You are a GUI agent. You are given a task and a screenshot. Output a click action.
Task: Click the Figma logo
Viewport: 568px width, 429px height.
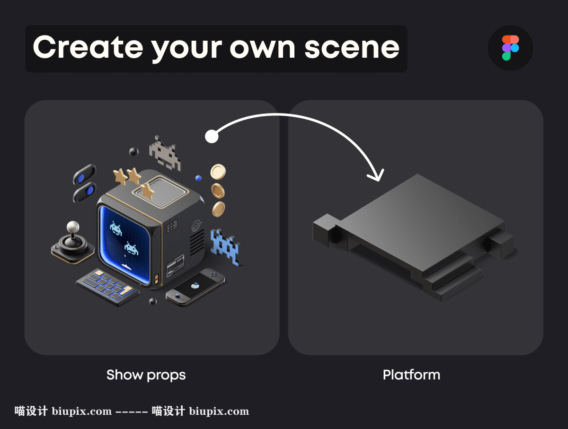(x=510, y=48)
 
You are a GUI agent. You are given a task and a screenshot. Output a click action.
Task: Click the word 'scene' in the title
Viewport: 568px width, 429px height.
(x=352, y=48)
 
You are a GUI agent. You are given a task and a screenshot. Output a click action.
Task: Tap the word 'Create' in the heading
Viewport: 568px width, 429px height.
(x=88, y=47)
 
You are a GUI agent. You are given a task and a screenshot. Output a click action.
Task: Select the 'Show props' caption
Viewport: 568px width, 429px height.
(x=146, y=375)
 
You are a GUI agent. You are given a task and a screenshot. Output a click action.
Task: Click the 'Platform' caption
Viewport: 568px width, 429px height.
(x=411, y=375)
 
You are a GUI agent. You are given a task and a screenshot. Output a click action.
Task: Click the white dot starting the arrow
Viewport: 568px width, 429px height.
(x=212, y=136)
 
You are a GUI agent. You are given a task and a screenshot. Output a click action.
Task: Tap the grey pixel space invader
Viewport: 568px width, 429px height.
(x=165, y=153)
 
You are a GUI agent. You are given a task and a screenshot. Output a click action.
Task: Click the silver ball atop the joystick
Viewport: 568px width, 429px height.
(x=73, y=227)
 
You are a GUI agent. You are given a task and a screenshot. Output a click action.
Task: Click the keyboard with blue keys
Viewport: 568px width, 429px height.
(x=107, y=287)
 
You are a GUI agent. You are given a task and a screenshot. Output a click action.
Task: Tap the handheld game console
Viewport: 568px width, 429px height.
(x=195, y=287)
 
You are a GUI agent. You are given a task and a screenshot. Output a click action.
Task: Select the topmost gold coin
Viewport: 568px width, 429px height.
(x=218, y=172)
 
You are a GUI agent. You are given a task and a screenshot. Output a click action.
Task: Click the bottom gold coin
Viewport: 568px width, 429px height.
(x=219, y=209)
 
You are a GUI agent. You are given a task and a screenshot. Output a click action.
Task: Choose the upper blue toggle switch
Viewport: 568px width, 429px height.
(x=84, y=174)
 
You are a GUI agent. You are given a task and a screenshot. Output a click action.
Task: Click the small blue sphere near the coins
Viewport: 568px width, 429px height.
(x=198, y=178)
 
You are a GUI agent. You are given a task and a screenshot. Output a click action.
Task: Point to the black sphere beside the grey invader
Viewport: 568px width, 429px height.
(x=134, y=151)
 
